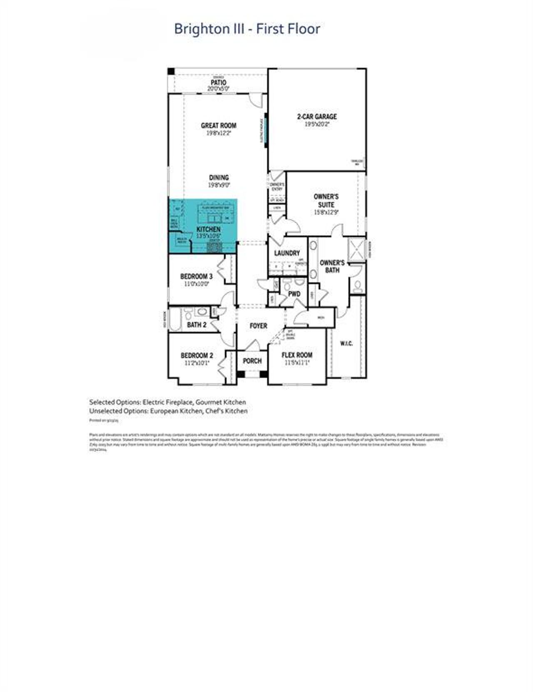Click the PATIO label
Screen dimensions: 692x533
(x=219, y=83)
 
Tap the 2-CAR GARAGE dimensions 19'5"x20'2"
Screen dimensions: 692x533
(x=317, y=124)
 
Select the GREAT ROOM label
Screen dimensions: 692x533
(x=219, y=125)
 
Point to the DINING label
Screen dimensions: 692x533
(x=219, y=177)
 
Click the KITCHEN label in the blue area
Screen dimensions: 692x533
(x=209, y=229)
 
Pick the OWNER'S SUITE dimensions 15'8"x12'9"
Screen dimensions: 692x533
(x=326, y=212)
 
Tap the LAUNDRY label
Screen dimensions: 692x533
(x=287, y=253)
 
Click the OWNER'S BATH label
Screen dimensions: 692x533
(x=332, y=266)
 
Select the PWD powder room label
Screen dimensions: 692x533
(x=294, y=294)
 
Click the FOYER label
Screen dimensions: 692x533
(x=258, y=326)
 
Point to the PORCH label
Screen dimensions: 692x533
(x=252, y=361)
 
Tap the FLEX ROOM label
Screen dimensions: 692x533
(x=297, y=355)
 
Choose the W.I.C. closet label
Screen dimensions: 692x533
(x=346, y=343)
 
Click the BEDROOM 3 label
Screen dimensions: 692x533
(x=197, y=276)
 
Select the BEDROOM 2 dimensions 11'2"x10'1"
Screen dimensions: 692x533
(x=197, y=363)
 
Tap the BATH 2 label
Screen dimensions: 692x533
(x=197, y=325)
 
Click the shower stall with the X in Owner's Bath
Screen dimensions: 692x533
(x=357, y=249)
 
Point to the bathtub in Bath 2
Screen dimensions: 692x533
(x=175, y=319)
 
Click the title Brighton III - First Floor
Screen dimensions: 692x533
(x=247, y=29)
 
